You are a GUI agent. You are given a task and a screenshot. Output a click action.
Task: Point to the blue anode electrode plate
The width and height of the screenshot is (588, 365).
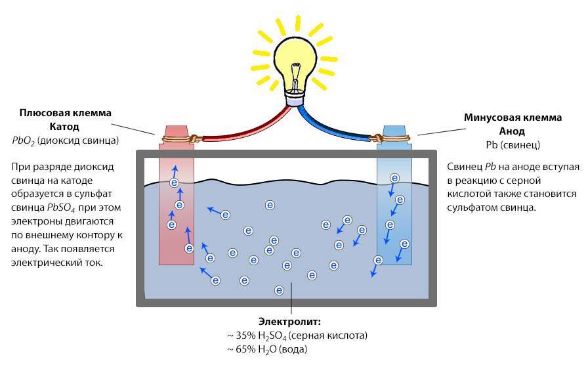(394, 210)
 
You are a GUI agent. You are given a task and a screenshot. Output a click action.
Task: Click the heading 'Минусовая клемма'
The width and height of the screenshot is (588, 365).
(522, 118)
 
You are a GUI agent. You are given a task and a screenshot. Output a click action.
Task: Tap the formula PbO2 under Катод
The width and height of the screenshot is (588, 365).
(24, 140)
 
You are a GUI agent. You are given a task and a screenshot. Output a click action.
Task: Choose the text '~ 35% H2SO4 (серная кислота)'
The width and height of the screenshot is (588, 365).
(297, 335)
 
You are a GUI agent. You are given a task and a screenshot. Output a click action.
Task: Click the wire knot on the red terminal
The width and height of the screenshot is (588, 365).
(193, 139)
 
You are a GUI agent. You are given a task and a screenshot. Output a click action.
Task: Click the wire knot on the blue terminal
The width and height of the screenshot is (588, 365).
(377, 139)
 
